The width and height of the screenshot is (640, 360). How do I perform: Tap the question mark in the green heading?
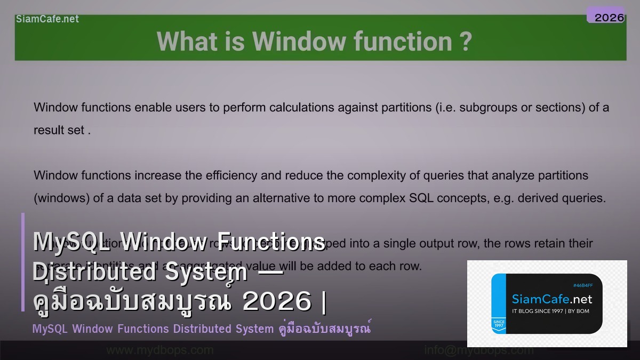tap(465, 42)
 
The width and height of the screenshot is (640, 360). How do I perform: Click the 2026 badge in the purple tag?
tap(609, 18)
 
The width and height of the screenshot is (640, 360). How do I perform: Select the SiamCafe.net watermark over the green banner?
tap(47, 19)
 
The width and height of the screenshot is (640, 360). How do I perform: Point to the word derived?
tap(537, 198)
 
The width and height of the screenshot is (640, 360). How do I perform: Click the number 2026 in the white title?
tap(276, 302)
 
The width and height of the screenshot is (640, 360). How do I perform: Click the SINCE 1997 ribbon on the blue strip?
tap(498, 324)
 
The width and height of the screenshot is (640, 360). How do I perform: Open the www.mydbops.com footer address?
tap(159, 350)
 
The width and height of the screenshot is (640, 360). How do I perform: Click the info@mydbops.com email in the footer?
tap(478, 350)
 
